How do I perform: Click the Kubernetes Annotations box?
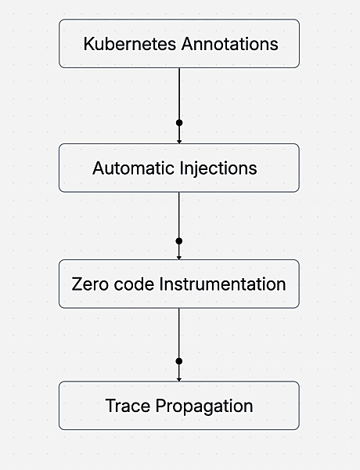[179, 43]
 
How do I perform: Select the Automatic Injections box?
[179, 168]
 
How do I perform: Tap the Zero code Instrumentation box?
[179, 284]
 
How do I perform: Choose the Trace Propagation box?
[179, 406]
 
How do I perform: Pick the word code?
[133, 284]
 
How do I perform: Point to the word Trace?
[124, 406]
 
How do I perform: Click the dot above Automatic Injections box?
[179, 123]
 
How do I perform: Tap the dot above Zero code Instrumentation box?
[179, 241]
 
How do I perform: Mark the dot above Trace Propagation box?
[179, 361]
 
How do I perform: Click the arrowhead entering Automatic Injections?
[179, 141]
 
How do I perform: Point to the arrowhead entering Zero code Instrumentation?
[179, 257]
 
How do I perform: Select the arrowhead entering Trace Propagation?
[179, 378]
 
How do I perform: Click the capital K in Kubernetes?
[88, 44]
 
